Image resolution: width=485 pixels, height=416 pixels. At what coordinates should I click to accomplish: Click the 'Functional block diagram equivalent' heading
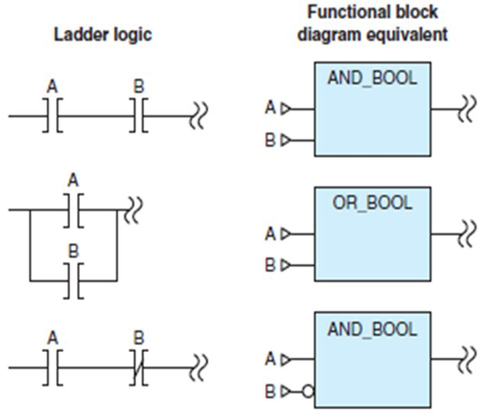click(372, 23)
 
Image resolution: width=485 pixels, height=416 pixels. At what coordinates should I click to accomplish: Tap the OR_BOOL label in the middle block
click(372, 203)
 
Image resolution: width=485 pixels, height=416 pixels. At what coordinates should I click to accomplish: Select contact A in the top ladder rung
click(53, 116)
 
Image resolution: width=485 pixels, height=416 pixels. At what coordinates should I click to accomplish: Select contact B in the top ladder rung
click(138, 116)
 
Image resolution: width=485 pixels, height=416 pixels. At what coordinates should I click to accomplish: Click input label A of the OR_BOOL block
click(270, 234)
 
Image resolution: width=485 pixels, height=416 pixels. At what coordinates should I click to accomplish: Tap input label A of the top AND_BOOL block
click(270, 109)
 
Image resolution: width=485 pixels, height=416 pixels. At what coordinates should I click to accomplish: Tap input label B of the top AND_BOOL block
click(270, 140)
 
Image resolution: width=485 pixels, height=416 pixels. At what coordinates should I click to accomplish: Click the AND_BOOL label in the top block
click(372, 78)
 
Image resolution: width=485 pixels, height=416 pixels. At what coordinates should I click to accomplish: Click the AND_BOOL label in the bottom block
click(372, 329)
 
